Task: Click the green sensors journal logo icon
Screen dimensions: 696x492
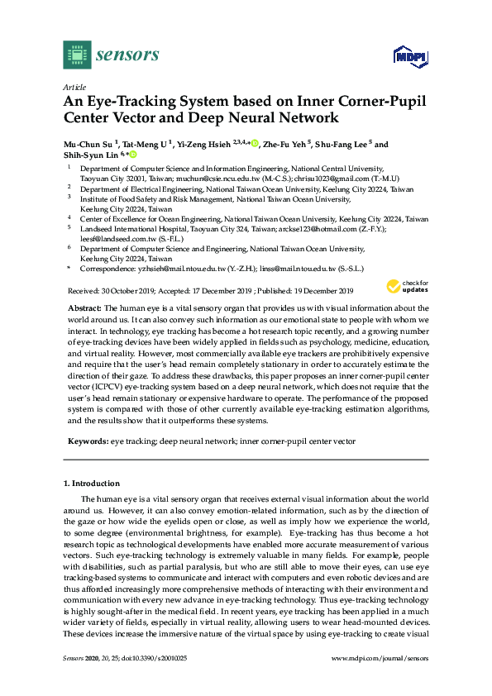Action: [76, 55]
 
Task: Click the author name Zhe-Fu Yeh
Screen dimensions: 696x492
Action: [284, 144]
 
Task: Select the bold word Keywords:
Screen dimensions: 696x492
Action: [88, 442]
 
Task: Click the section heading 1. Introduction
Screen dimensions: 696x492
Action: [92, 483]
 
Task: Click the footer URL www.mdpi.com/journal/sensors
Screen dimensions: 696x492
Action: [380, 658]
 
